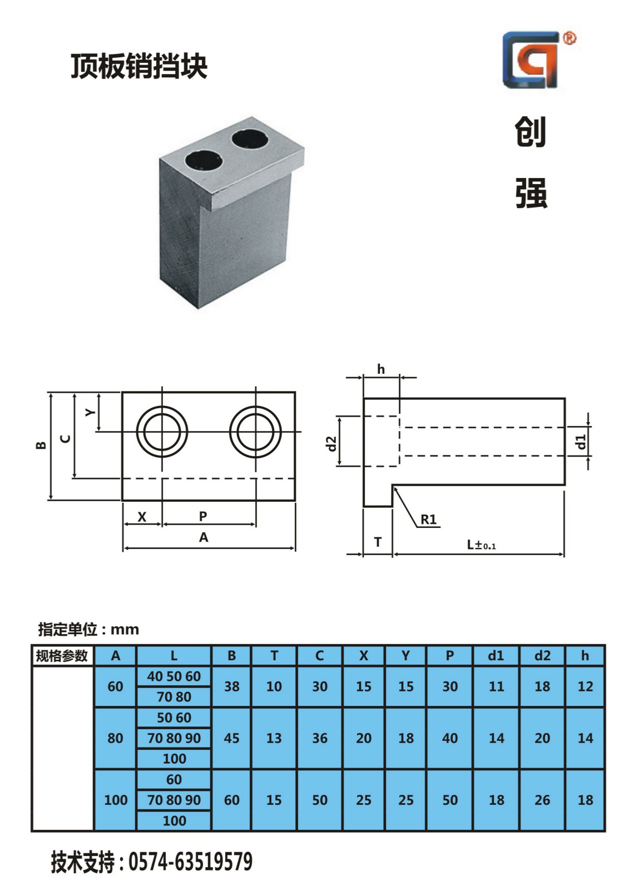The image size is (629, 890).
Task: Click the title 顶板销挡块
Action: click(139, 66)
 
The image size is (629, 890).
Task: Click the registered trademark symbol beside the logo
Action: click(569, 38)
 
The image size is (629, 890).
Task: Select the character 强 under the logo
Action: click(531, 193)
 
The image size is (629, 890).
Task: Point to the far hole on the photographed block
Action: click(250, 139)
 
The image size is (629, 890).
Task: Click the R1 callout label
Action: click(428, 520)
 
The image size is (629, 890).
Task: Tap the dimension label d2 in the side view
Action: click(331, 444)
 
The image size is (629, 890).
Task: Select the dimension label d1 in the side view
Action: click(581, 442)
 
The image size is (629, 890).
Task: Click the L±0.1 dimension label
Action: click(481, 545)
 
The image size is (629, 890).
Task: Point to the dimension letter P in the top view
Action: click(202, 516)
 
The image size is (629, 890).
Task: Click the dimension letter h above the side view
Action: click(380, 369)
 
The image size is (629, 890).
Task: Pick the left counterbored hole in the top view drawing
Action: click(162, 432)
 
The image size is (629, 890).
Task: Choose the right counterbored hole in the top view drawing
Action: click(255, 432)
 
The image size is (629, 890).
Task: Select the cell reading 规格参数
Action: click(62, 656)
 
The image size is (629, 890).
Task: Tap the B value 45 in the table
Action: click(231, 738)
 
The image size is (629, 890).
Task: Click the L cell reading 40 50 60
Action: click(174, 676)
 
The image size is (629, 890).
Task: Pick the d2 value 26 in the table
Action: click(542, 799)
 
